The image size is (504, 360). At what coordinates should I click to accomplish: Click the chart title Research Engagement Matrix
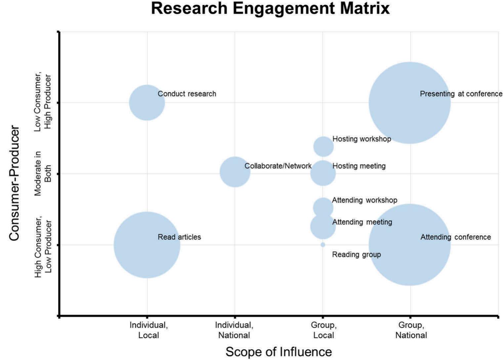[270, 9]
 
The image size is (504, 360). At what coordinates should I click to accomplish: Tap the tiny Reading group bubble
[323, 245]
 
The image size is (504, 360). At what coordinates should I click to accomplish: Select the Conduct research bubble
[147, 103]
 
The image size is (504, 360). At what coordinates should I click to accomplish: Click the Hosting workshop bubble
[323, 146]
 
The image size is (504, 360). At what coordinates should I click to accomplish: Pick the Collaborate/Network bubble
[235, 172]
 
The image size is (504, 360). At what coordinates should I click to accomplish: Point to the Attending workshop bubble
[323, 207]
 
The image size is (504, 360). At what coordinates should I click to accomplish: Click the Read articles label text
[179, 237]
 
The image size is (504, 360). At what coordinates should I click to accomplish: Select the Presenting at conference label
[461, 94]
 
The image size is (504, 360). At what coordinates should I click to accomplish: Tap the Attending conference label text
[455, 237]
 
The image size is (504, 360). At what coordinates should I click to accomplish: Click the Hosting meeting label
[359, 166]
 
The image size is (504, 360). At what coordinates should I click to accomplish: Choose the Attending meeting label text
[362, 222]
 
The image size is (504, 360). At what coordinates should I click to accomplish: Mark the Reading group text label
[356, 255]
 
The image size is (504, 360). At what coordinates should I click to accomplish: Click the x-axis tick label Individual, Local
[148, 330]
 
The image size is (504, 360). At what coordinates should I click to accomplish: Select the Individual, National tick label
[234, 330]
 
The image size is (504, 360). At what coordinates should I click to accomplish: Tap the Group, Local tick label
[323, 330]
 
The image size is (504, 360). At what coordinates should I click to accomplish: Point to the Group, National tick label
[411, 330]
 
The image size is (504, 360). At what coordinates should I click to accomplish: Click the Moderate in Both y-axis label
[43, 173]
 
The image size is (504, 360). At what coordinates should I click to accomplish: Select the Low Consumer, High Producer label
[43, 103]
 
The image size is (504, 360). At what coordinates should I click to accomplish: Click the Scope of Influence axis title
[278, 352]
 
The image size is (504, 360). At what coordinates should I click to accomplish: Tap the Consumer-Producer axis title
[14, 183]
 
